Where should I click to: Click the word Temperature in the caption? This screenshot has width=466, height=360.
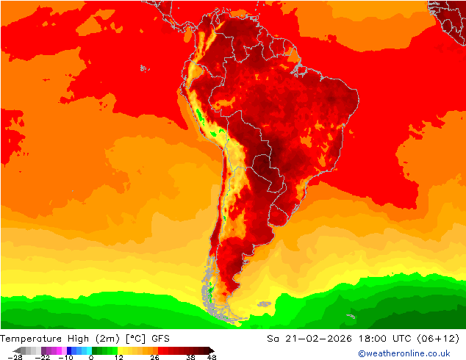click(31, 339)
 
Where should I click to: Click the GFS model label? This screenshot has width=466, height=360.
click(161, 339)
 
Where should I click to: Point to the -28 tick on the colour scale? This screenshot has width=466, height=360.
click(14, 356)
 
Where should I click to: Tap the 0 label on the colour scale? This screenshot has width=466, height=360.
click(91, 356)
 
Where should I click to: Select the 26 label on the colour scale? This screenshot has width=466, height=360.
click(154, 356)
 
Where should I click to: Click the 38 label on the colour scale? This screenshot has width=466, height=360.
click(190, 356)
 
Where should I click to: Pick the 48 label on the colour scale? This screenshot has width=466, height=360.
click(212, 356)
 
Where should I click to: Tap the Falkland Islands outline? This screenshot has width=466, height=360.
click(262, 301)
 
